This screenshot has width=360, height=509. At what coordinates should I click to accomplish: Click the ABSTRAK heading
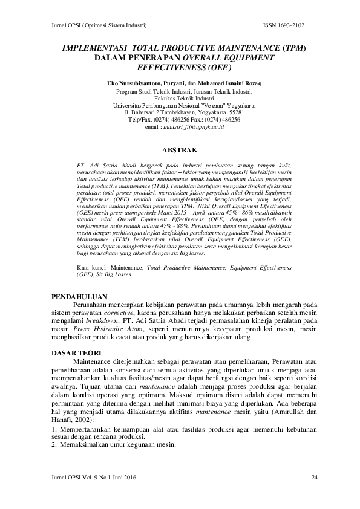(180, 148)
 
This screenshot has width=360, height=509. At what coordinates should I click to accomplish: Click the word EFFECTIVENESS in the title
(172, 66)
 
